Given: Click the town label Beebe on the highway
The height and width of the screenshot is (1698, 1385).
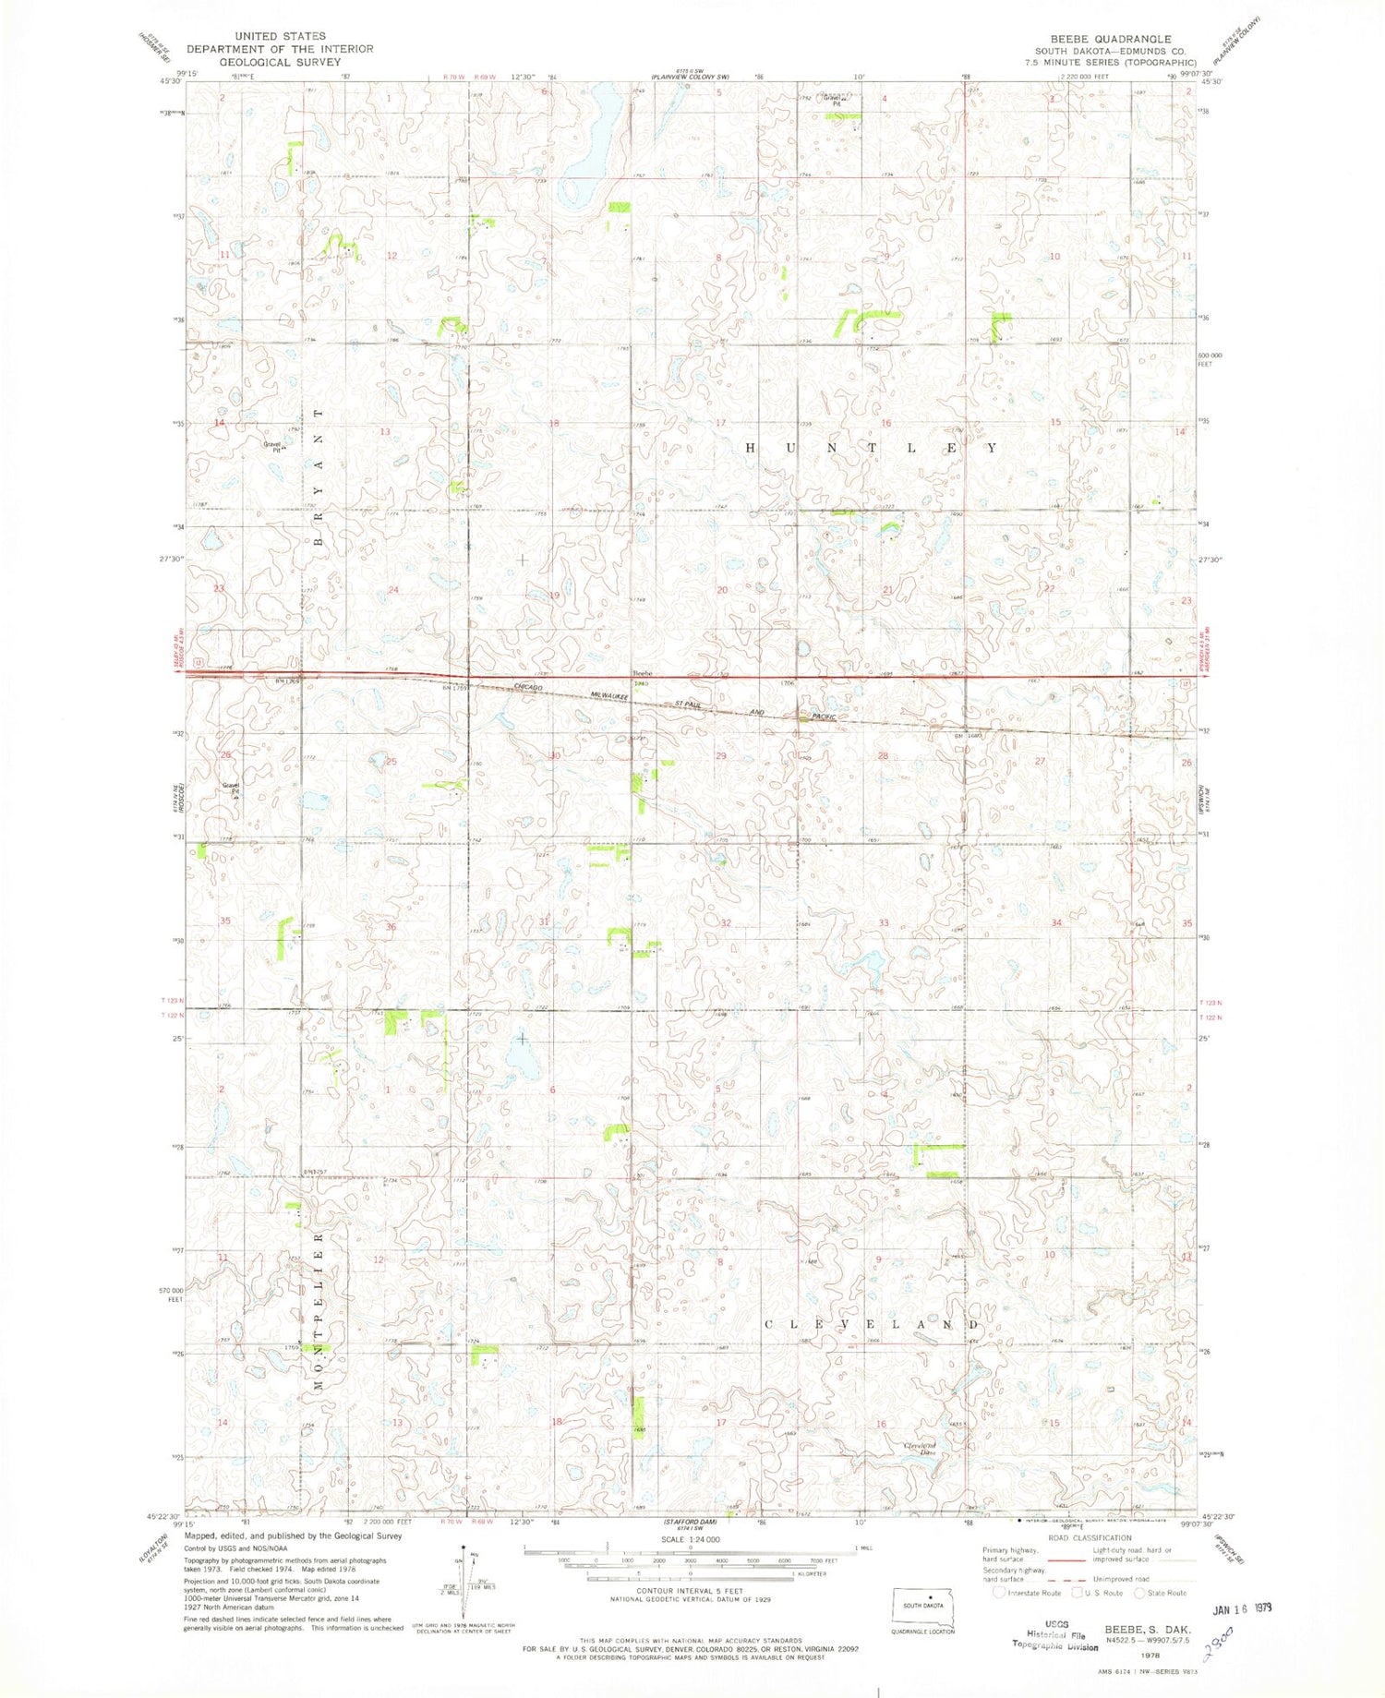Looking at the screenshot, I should point(642,672).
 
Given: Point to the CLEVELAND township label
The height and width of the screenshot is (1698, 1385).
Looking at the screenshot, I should point(871,1324).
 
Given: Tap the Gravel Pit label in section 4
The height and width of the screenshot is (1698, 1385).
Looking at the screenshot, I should point(838,101).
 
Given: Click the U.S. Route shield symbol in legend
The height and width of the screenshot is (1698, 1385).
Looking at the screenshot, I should point(1077,1593).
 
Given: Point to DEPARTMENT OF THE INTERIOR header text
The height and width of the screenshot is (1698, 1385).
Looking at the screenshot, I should point(280,49).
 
